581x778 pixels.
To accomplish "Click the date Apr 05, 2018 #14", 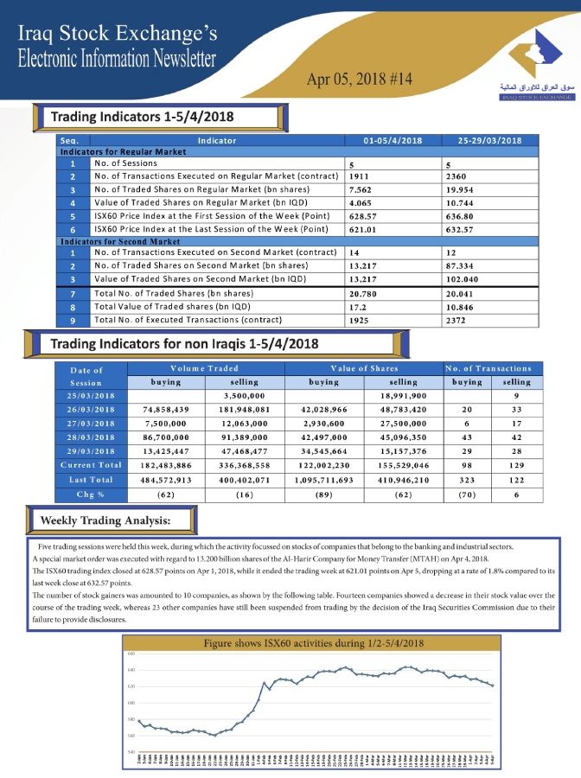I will pos(360,79).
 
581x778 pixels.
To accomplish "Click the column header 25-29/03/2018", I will pos(488,140).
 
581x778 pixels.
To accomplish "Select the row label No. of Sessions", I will pos(125,163).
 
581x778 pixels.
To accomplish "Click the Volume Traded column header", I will pos(205,368).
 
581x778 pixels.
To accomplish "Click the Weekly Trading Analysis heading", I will pos(105,520).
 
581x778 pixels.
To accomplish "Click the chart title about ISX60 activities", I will pos(313,644).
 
